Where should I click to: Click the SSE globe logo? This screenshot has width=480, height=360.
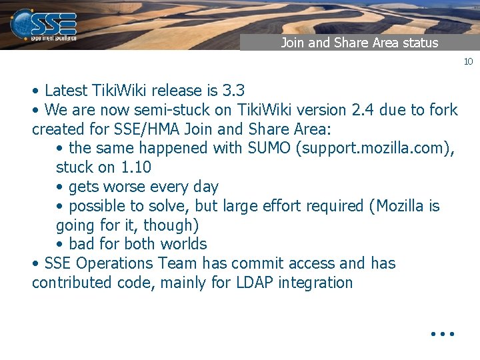(25, 23)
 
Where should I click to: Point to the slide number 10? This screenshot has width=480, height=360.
(468, 61)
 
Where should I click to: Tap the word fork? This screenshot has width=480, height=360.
(443, 109)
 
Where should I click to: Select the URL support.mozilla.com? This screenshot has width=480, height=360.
(376, 148)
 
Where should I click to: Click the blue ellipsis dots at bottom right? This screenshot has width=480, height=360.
(442, 332)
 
